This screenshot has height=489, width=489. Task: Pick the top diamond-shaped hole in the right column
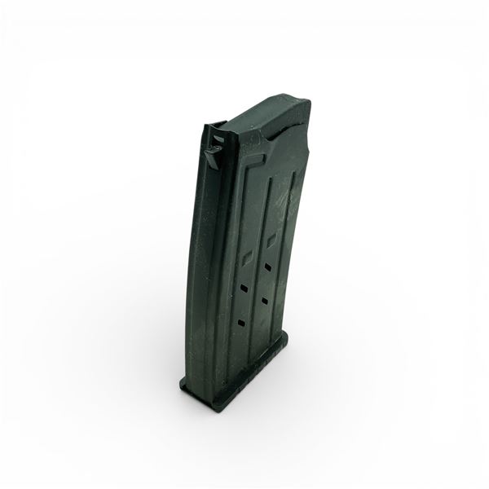[270, 242]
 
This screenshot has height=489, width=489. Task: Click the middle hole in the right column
[267, 267]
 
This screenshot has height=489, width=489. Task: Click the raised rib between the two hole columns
[256, 277]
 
